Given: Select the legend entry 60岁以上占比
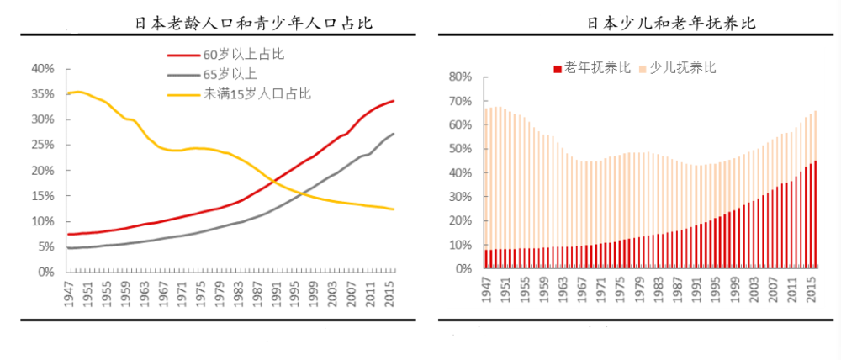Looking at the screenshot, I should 244,55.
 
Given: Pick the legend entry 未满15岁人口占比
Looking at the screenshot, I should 257,93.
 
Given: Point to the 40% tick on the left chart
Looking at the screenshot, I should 43,68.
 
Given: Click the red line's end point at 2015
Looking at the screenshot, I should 394,101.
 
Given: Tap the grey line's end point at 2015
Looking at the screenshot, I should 394,134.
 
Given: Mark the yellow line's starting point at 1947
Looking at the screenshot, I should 68,93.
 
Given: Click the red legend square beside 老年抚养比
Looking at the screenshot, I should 556,68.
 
